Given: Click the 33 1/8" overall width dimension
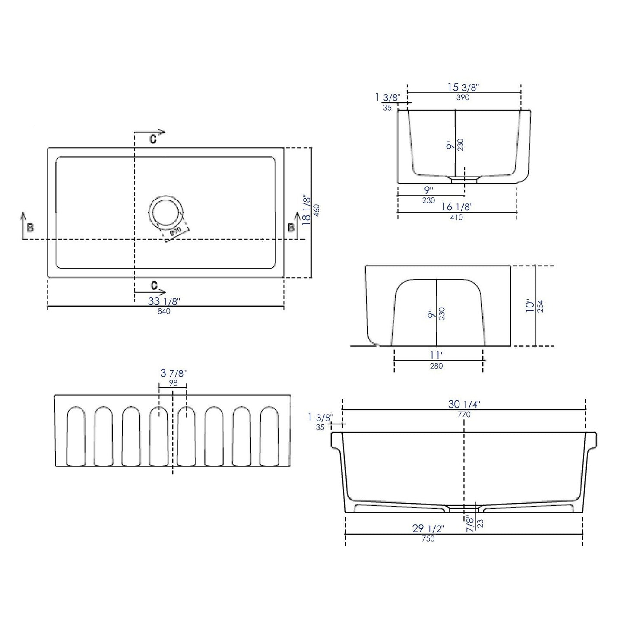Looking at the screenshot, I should [x=164, y=301].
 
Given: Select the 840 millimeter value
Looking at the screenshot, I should [x=164, y=311].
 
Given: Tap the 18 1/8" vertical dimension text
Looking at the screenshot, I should [x=307, y=210].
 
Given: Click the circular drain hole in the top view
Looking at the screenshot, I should [x=166, y=212].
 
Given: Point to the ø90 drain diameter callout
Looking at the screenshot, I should [x=175, y=231].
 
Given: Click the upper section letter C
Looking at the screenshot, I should [x=153, y=139].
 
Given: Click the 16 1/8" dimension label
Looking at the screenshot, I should [x=457, y=207].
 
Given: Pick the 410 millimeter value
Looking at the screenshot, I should [x=456, y=218].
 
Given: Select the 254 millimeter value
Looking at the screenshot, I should [x=540, y=306].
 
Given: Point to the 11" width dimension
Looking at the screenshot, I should [x=437, y=355].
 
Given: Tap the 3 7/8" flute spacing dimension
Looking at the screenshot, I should [x=173, y=373].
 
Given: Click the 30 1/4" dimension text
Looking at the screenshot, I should [x=464, y=404].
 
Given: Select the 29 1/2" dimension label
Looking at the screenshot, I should [x=428, y=529].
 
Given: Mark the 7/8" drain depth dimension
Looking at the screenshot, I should [x=469, y=518].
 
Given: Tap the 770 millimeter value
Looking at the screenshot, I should [x=464, y=415].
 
